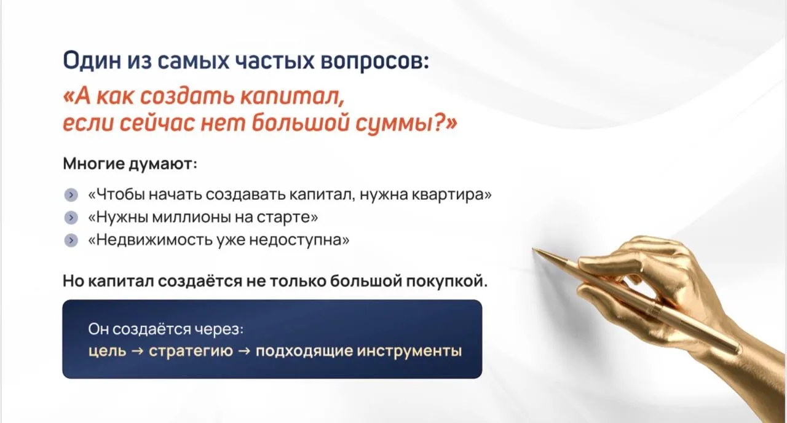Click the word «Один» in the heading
91,60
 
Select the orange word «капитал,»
292,96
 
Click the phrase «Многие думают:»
130,164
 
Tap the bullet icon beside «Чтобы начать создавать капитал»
71,195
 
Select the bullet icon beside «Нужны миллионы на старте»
71,218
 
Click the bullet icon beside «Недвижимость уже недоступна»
71,240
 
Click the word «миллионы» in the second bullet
192,217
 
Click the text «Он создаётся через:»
166,329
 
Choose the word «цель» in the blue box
107,350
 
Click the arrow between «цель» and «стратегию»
137,351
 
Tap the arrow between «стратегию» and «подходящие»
244,351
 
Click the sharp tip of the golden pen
533,249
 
